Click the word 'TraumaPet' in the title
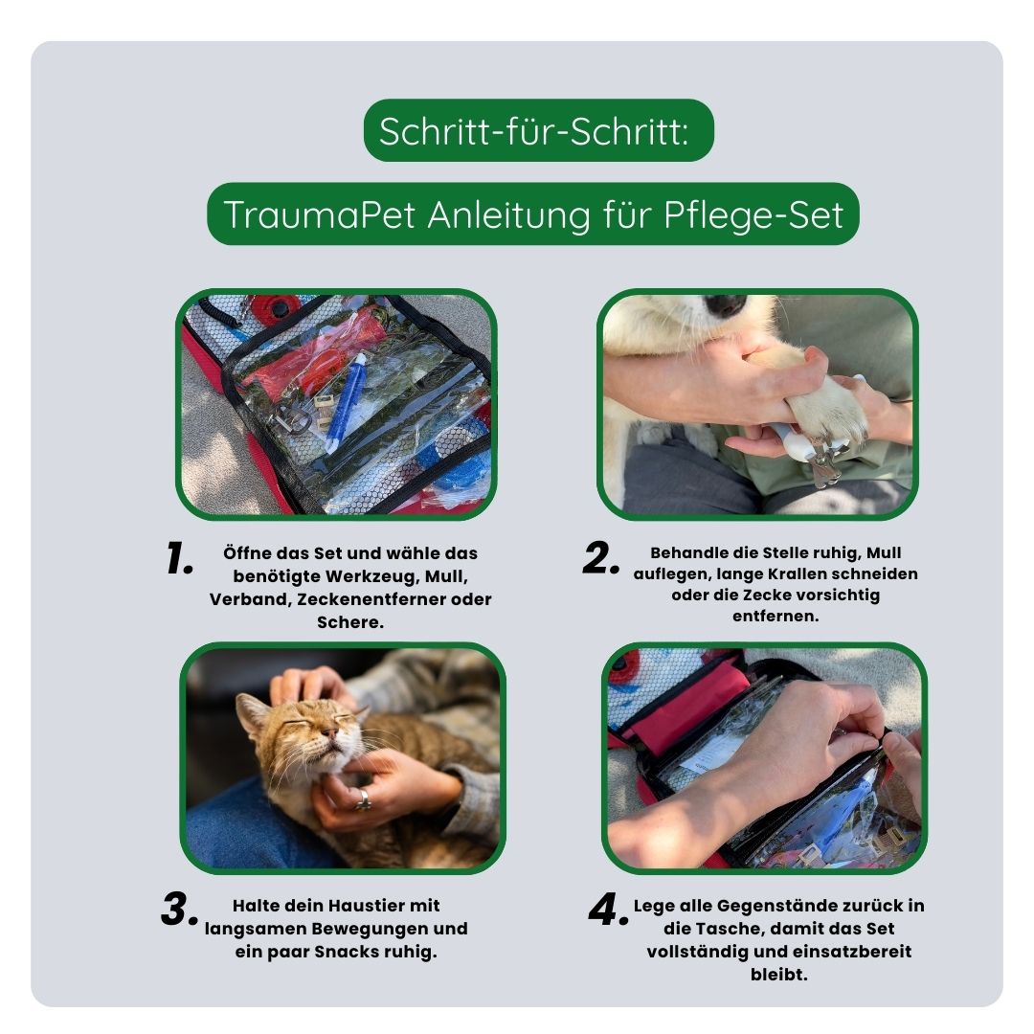click(x=319, y=214)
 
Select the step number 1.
click(x=180, y=560)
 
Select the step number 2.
click(x=602, y=560)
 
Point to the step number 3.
click(x=180, y=910)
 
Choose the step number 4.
click(x=609, y=910)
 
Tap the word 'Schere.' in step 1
click(x=350, y=621)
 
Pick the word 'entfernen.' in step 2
click(x=775, y=616)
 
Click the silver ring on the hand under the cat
click(x=363, y=798)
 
